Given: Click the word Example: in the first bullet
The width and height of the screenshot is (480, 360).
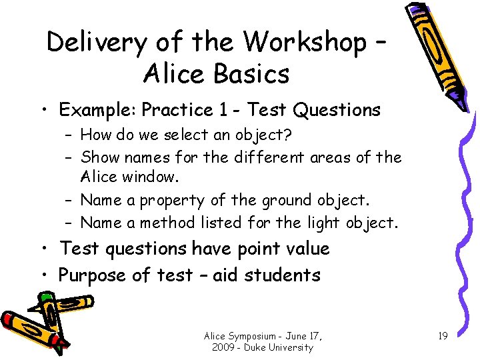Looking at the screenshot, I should point(98,110).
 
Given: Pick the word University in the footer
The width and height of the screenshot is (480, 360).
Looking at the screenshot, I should point(289,347).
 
